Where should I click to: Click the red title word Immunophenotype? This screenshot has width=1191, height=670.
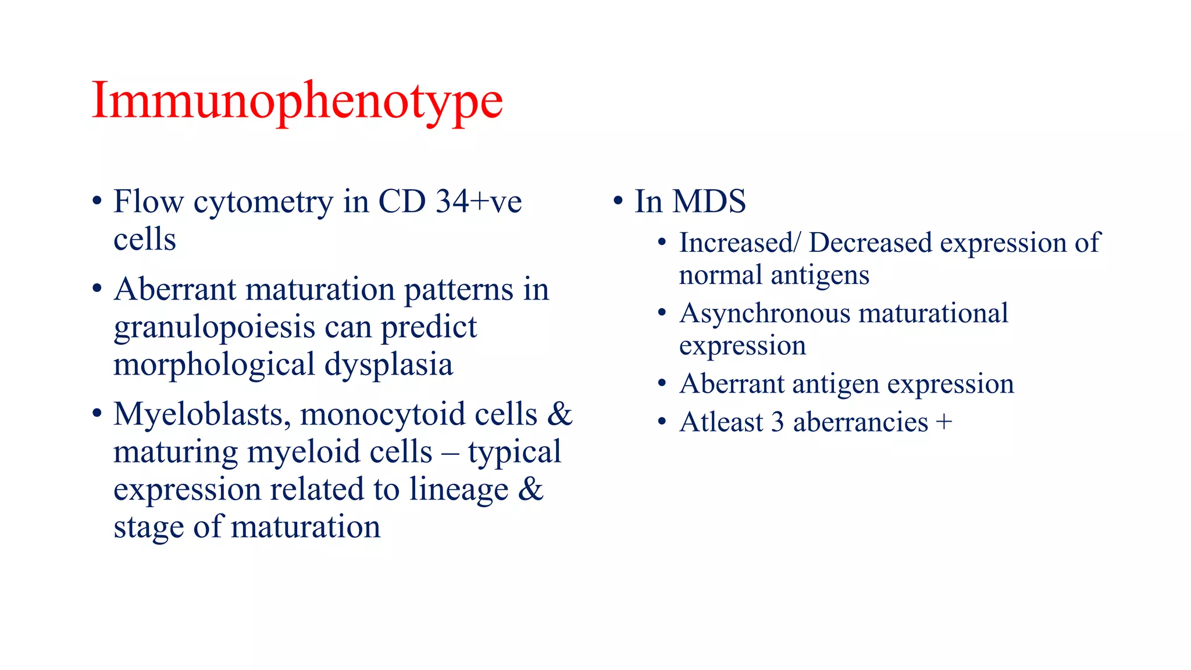tap(297, 102)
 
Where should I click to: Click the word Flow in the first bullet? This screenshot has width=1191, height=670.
tap(148, 202)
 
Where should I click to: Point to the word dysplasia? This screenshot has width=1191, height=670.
tap(388, 365)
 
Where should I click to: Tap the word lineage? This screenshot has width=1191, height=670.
tap(458, 489)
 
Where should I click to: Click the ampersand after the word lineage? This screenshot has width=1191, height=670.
tap(530, 489)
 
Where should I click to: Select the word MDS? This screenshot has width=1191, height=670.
tap(709, 202)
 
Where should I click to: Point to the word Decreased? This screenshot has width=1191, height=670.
tap(870, 243)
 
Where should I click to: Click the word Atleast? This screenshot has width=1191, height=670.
tap(721, 422)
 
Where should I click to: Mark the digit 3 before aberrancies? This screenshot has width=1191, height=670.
tap(778, 422)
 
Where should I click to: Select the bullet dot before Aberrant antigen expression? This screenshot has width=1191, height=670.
tap(662, 384)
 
